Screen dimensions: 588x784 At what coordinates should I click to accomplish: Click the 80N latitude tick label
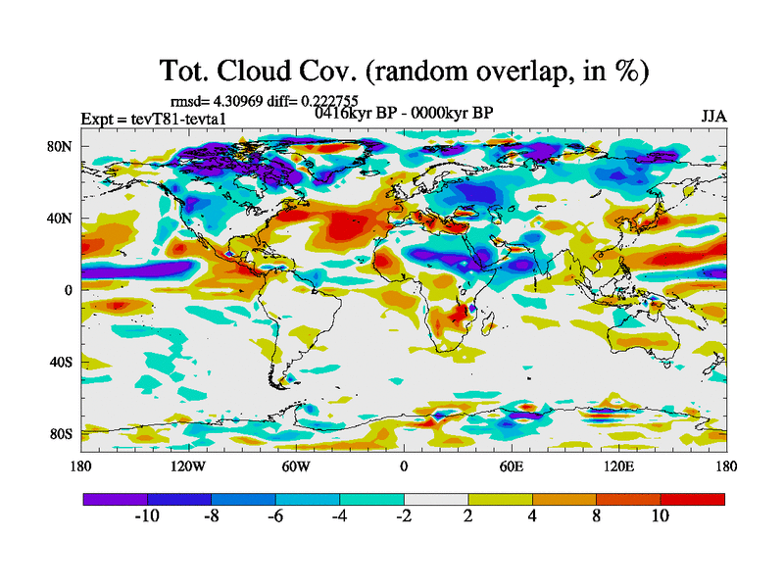click(63, 147)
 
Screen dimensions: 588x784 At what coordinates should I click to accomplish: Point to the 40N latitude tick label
click(63, 219)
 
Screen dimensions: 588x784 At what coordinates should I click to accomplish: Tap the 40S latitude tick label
click(63, 362)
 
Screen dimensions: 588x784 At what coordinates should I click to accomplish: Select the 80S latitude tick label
click(63, 433)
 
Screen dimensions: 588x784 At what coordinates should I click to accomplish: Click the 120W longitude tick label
click(188, 466)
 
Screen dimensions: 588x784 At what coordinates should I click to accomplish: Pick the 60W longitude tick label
click(296, 466)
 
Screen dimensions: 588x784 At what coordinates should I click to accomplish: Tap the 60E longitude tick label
click(511, 466)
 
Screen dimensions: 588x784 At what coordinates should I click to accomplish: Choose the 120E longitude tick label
click(617, 466)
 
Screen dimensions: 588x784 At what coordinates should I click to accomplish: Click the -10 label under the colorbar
click(147, 516)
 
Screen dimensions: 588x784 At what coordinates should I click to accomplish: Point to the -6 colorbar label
click(275, 516)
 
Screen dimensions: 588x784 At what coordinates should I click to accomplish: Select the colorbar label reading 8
click(596, 516)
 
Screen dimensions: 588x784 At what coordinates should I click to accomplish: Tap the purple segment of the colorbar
click(115, 499)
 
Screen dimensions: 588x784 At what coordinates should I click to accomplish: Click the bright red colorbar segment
click(693, 499)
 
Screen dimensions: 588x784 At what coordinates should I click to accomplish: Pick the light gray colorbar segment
click(436, 499)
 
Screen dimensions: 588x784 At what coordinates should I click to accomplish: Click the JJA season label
click(713, 116)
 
